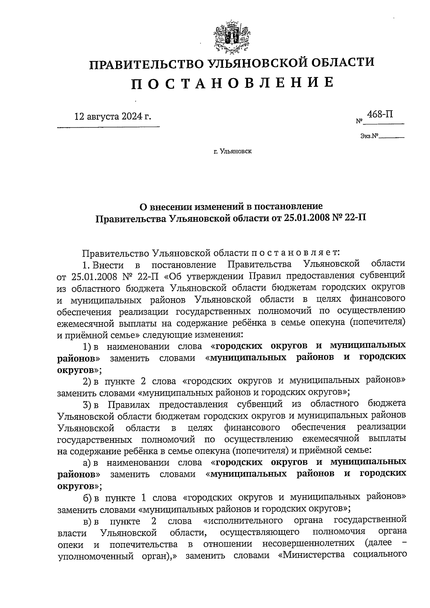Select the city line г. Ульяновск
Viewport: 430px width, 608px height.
[x=233, y=151]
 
